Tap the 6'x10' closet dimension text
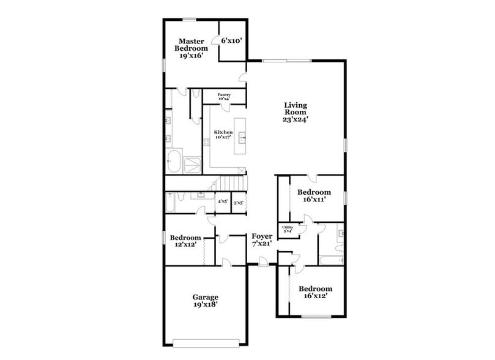click(232, 40)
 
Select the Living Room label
click(295, 113)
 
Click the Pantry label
click(224, 97)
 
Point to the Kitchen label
click(223, 135)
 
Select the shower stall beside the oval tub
click(194, 163)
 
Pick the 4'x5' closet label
click(223, 201)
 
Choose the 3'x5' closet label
click(239, 201)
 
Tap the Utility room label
click(287, 230)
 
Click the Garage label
click(206, 301)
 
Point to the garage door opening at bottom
click(206, 340)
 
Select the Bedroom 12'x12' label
click(185, 241)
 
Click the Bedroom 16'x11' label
click(315, 195)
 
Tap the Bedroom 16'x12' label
click(315, 292)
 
